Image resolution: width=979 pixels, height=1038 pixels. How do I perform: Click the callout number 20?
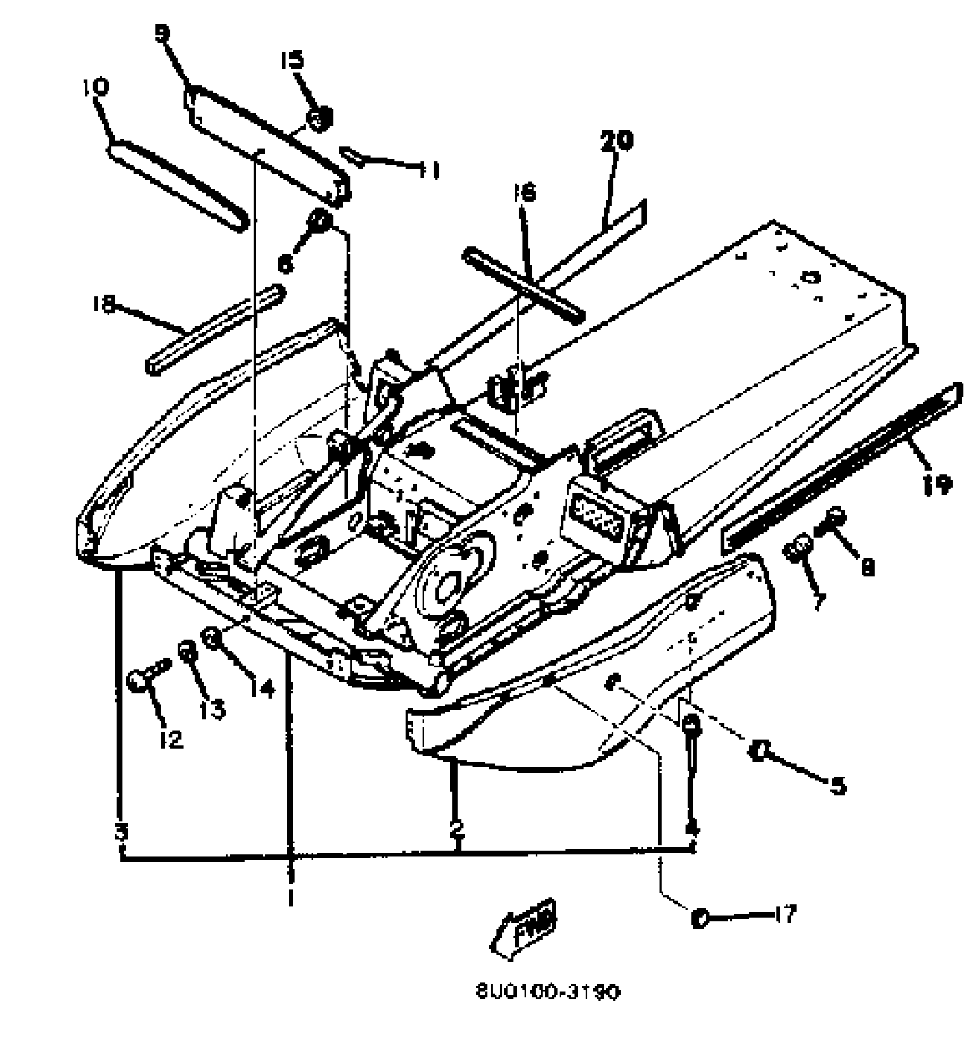point(616,141)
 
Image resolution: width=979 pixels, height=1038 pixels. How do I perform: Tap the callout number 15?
point(293,60)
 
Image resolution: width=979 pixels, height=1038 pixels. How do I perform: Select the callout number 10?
point(96,88)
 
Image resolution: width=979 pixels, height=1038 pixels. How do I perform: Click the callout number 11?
point(429,170)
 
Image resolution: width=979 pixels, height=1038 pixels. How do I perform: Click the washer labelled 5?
point(759,750)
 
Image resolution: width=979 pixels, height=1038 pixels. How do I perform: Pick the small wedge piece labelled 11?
point(352,157)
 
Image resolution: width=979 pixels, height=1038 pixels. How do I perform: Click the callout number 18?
point(104,304)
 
